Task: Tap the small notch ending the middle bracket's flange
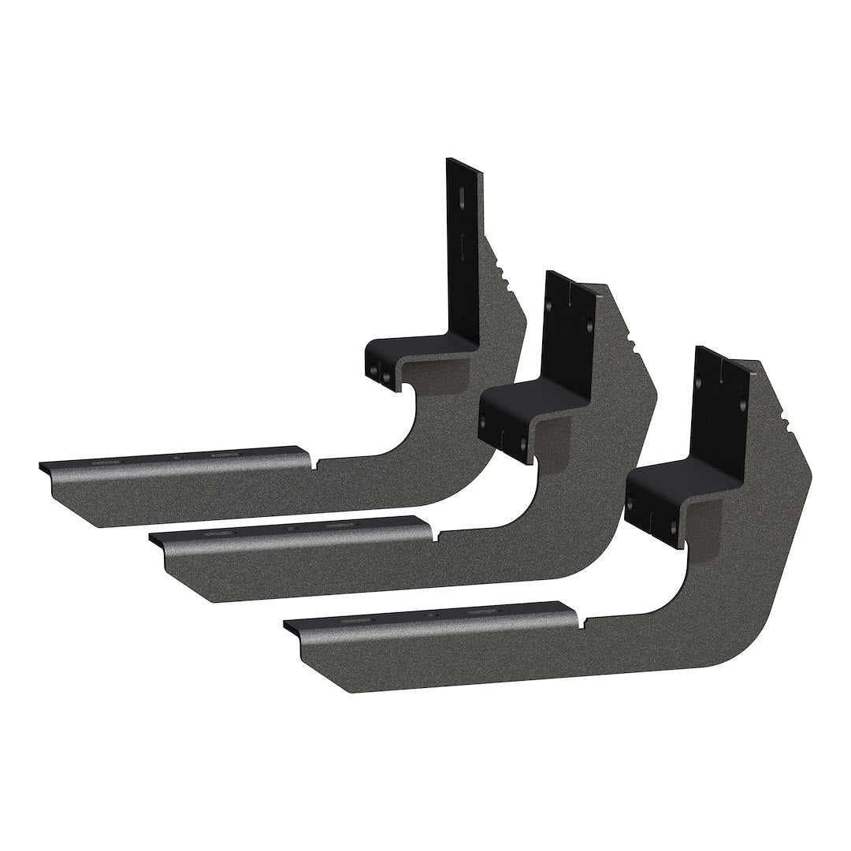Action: pos(435,536)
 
